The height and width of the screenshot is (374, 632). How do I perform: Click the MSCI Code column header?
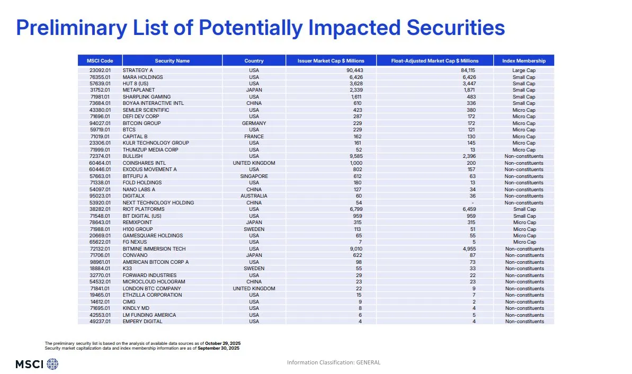pyautogui.click(x=100, y=60)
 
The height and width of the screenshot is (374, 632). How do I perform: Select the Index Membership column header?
pyautogui.click(x=523, y=60)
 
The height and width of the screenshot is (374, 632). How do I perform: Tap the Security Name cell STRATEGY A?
pyautogui.click(x=138, y=70)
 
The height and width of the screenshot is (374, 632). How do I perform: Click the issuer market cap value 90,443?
pyautogui.click(x=354, y=70)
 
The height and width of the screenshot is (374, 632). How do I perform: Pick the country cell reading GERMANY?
pyautogui.click(x=254, y=123)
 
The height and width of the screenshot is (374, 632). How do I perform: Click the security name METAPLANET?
pyautogui.click(x=139, y=90)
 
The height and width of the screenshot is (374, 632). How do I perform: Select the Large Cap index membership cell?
pyautogui.click(x=523, y=70)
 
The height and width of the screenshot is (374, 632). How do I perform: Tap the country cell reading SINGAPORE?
pyautogui.click(x=254, y=176)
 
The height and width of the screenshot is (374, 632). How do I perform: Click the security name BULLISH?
pyautogui.click(x=133, y=156)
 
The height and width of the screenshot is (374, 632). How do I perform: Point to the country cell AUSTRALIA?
pyautogui.click(x=254, y=196)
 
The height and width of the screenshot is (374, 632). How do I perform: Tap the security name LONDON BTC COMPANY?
pyautogui.click(x=152, y=289)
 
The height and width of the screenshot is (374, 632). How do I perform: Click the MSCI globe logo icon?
pyautogui.click(x=52, y=364)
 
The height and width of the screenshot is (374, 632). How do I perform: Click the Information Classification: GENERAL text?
pyautogui.click(x=334, y=362)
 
